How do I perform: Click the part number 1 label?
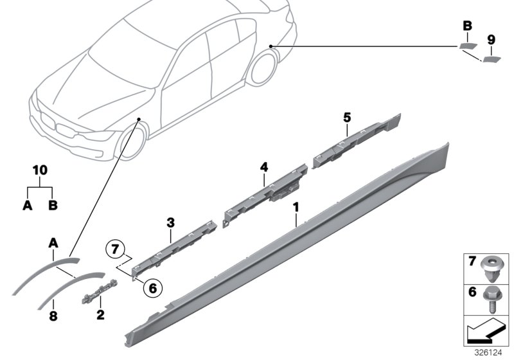coord(296,208)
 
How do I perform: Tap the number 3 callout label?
coord(171,223)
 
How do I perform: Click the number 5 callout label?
coord(346,117)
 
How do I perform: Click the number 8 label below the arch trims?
coord(53,316)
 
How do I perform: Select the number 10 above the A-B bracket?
coord(40,170)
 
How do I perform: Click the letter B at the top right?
coord(467,26)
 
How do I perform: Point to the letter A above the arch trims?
coord(53,242)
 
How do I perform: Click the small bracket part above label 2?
coord(98,293)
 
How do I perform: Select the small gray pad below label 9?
coord(492,60)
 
